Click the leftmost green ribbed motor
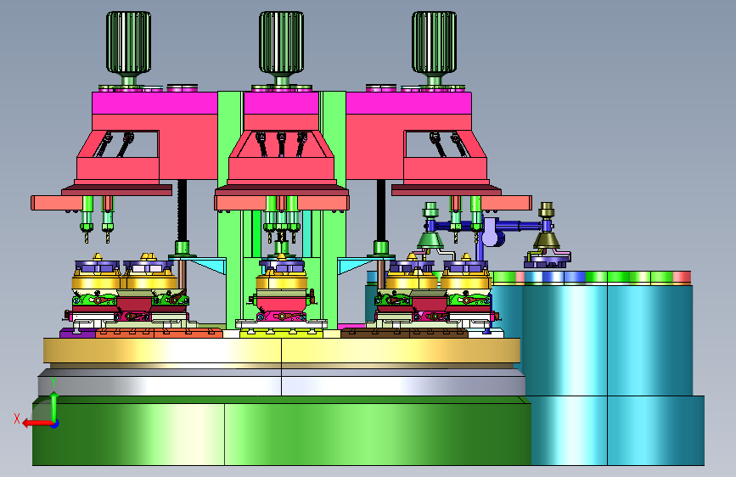point(128,42)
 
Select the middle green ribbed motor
point(281,42)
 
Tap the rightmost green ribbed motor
point(434,42)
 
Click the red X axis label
point(17,418)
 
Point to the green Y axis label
point(53,382)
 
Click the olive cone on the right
point(547,240)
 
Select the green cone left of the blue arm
point(430,240)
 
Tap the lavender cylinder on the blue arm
point(492,232)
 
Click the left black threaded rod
point(182,210)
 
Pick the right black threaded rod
point(381,210)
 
